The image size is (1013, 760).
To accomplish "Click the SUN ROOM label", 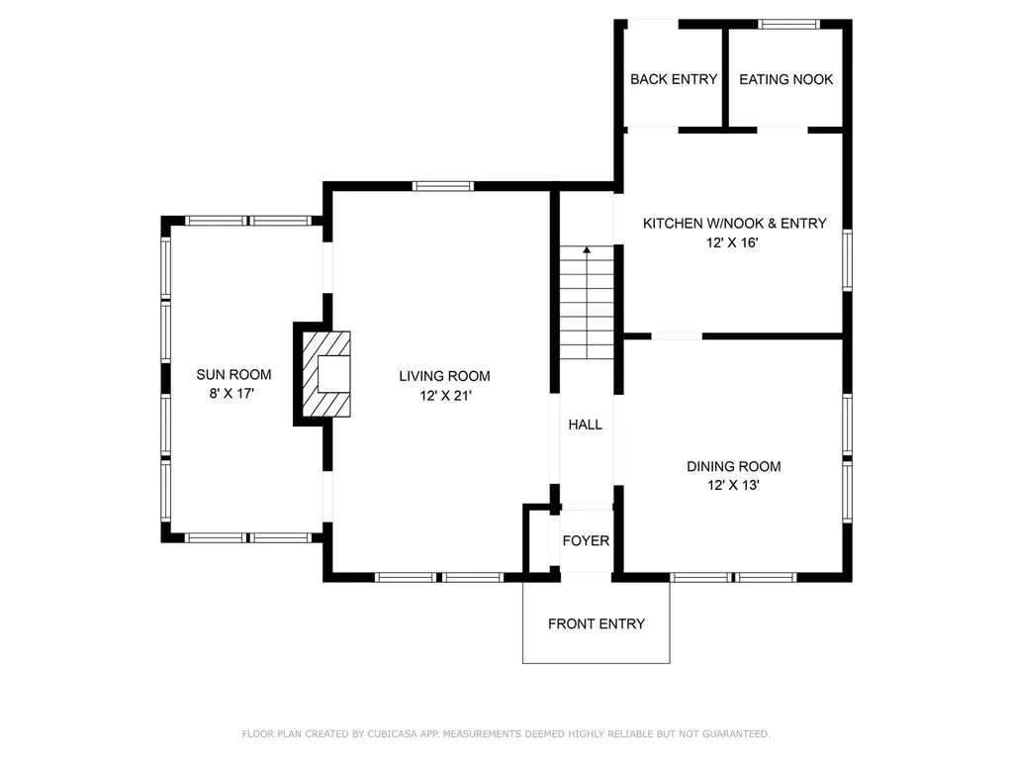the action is pos(233,374).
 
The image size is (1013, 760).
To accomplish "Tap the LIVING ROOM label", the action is pos(444,376).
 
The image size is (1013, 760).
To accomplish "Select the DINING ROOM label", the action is pos(733,467).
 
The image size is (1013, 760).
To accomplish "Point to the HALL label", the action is pos(586,425).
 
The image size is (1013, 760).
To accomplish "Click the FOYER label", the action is pos(586,541).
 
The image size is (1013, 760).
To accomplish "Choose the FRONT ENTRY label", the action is pos(597,623).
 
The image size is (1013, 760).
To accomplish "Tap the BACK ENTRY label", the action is pos(674,79).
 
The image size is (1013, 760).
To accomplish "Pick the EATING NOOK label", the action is pos(786,79).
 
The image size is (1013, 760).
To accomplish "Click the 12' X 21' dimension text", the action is pos(446,396).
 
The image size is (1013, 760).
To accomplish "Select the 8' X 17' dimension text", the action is pos(231,393).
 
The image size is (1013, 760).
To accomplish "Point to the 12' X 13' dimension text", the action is pos(733,485).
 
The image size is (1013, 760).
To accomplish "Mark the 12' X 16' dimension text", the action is pos(732,243).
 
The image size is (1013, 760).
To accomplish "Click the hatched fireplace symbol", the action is pos(326,374).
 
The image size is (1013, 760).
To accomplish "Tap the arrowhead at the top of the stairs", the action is pos(587,249).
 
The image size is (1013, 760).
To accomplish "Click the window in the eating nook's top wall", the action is pos(788,25).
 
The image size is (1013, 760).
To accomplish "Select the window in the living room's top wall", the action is pos(443,187).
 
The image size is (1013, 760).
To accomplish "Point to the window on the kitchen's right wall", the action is pos(847,260).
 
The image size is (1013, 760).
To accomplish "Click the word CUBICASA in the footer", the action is pos(392,734).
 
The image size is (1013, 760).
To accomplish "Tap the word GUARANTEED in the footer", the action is pos(736,734).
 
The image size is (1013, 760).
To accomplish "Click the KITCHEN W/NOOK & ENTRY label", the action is pos(735,224).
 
